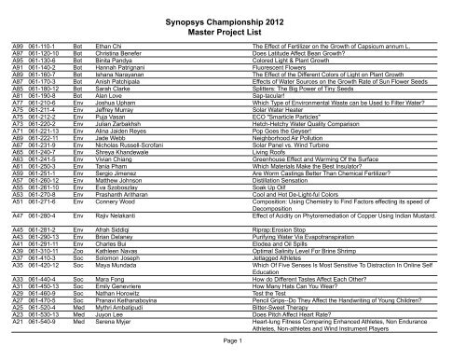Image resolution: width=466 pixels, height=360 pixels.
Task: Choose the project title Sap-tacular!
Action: (x=263, y=120)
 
